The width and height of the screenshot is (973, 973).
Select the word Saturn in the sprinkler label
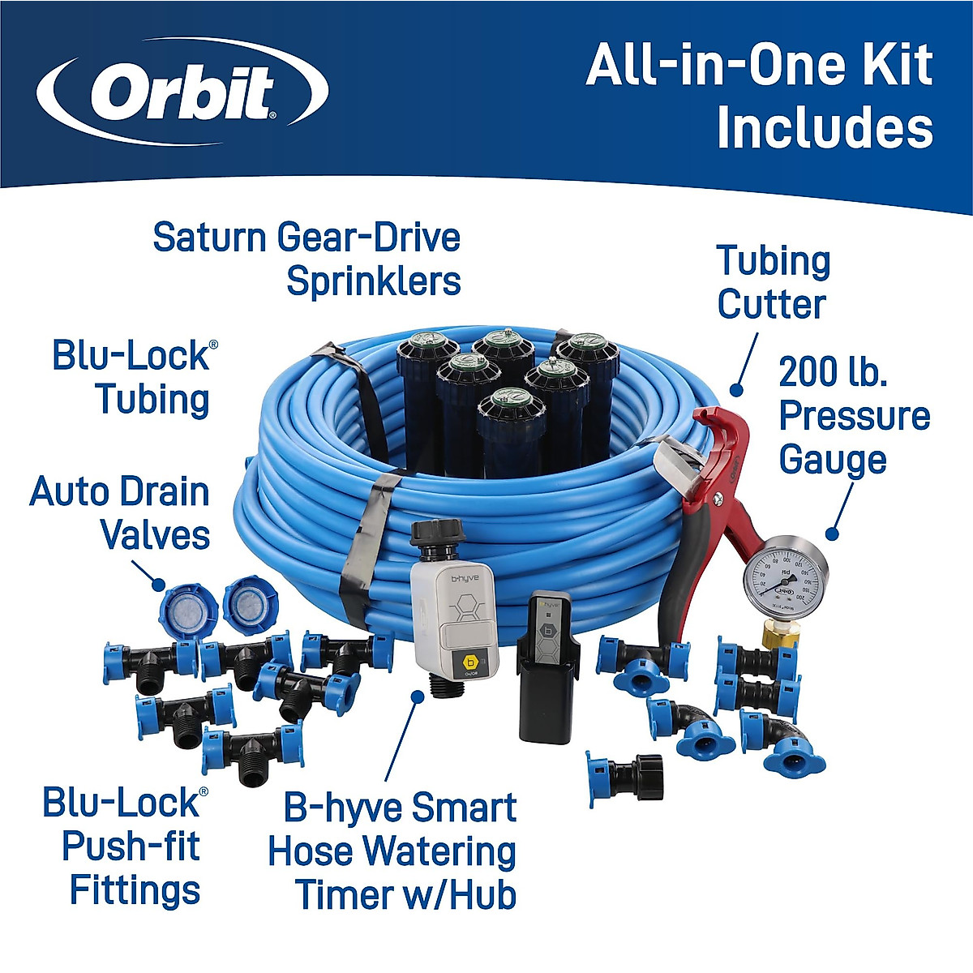209,238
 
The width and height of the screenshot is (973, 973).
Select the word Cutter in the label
771,305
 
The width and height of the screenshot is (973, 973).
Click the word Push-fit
131,847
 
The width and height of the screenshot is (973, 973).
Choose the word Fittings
135,890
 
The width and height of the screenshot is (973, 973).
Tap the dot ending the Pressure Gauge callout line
831,534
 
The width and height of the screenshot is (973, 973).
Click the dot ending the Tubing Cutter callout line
735,389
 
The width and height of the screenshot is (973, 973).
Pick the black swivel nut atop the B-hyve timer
438,535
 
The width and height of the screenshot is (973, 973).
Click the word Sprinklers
374,281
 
